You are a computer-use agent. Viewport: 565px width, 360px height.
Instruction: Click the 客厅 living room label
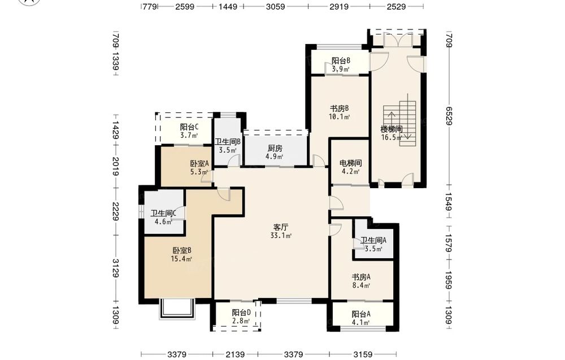coord(281,227)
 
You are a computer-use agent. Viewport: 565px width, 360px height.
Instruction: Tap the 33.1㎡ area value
coord(281,236)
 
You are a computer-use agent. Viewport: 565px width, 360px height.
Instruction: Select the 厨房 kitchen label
coord(275,148)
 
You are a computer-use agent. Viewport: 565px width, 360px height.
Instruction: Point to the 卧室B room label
coord(181,250)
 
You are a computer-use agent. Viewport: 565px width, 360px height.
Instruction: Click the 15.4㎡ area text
coord(181,259)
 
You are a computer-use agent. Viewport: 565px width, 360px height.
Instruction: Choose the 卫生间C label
coord(163,213)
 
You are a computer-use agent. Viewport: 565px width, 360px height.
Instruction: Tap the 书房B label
coord(340,108)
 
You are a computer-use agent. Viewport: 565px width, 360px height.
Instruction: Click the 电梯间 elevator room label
coord(351,163)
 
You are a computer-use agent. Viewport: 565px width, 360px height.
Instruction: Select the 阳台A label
coord(361,314)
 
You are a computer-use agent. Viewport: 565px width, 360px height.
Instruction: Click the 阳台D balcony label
coord(241,313)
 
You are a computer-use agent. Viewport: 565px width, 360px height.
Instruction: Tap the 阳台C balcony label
coord(189,127)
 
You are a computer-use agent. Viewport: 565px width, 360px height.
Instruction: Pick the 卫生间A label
coord(373,240)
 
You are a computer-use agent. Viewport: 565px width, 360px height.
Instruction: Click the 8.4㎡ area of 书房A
coord(361,286)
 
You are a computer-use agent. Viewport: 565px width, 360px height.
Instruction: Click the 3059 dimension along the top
coord(276,6)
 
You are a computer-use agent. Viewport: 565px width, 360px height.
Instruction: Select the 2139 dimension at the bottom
coord(235,354)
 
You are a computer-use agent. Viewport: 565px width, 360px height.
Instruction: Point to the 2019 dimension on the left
coord(116,166)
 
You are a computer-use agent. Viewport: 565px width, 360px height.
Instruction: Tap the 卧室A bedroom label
coord(199,163)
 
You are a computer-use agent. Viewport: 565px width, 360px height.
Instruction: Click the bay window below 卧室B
coord(177,309)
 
